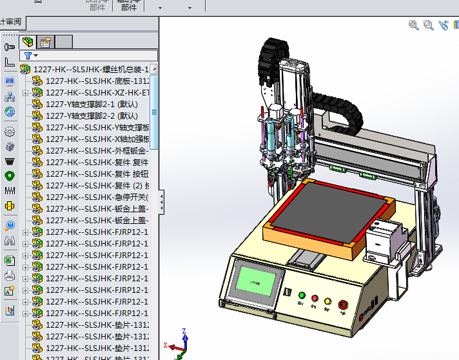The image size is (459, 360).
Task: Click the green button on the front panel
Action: pyautogui.click(x=301, y=295)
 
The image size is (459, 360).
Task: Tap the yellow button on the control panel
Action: pyautogui.click(x=327, y=301)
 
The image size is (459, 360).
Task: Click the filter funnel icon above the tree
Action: pyautogui.click(x=27, y=56)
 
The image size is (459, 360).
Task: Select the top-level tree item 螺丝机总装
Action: pyautogui.click(x=90, y=69)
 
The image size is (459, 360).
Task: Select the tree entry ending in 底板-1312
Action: pyautogui.click(x=97, y=81)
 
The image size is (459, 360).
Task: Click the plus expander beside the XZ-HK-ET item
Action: pyautogui.click(x=25, y=93)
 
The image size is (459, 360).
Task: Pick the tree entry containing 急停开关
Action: pyautogui.click(x=97, y=197)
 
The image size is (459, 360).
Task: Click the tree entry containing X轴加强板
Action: pyautogui.click(x=97, y=139)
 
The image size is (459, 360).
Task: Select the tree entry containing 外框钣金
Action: pyautogui.click(x=97, y=150)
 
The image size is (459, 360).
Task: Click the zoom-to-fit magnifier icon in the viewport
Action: pyautogui.click(x=414, y=25)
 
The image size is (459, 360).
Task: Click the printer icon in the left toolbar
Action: pyautogui.click(x=10, y=276)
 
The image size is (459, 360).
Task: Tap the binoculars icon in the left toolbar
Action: pyautogui.click(x=10, y=241)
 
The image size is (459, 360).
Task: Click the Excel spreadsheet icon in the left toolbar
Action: pyautogui.click(x=10, y=260)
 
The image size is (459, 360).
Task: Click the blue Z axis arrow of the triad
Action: pyautogui.click(x=185, y=334)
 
